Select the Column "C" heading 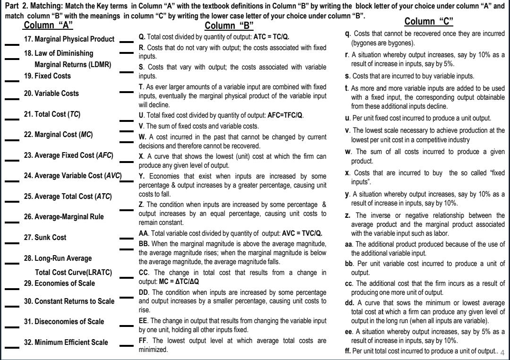(x=429, y=21)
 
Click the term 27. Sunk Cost (x=45, y=238)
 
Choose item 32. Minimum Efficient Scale (x=66, y=343)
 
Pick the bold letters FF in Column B (x=143, y=340)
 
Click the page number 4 (x=502, y=352)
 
